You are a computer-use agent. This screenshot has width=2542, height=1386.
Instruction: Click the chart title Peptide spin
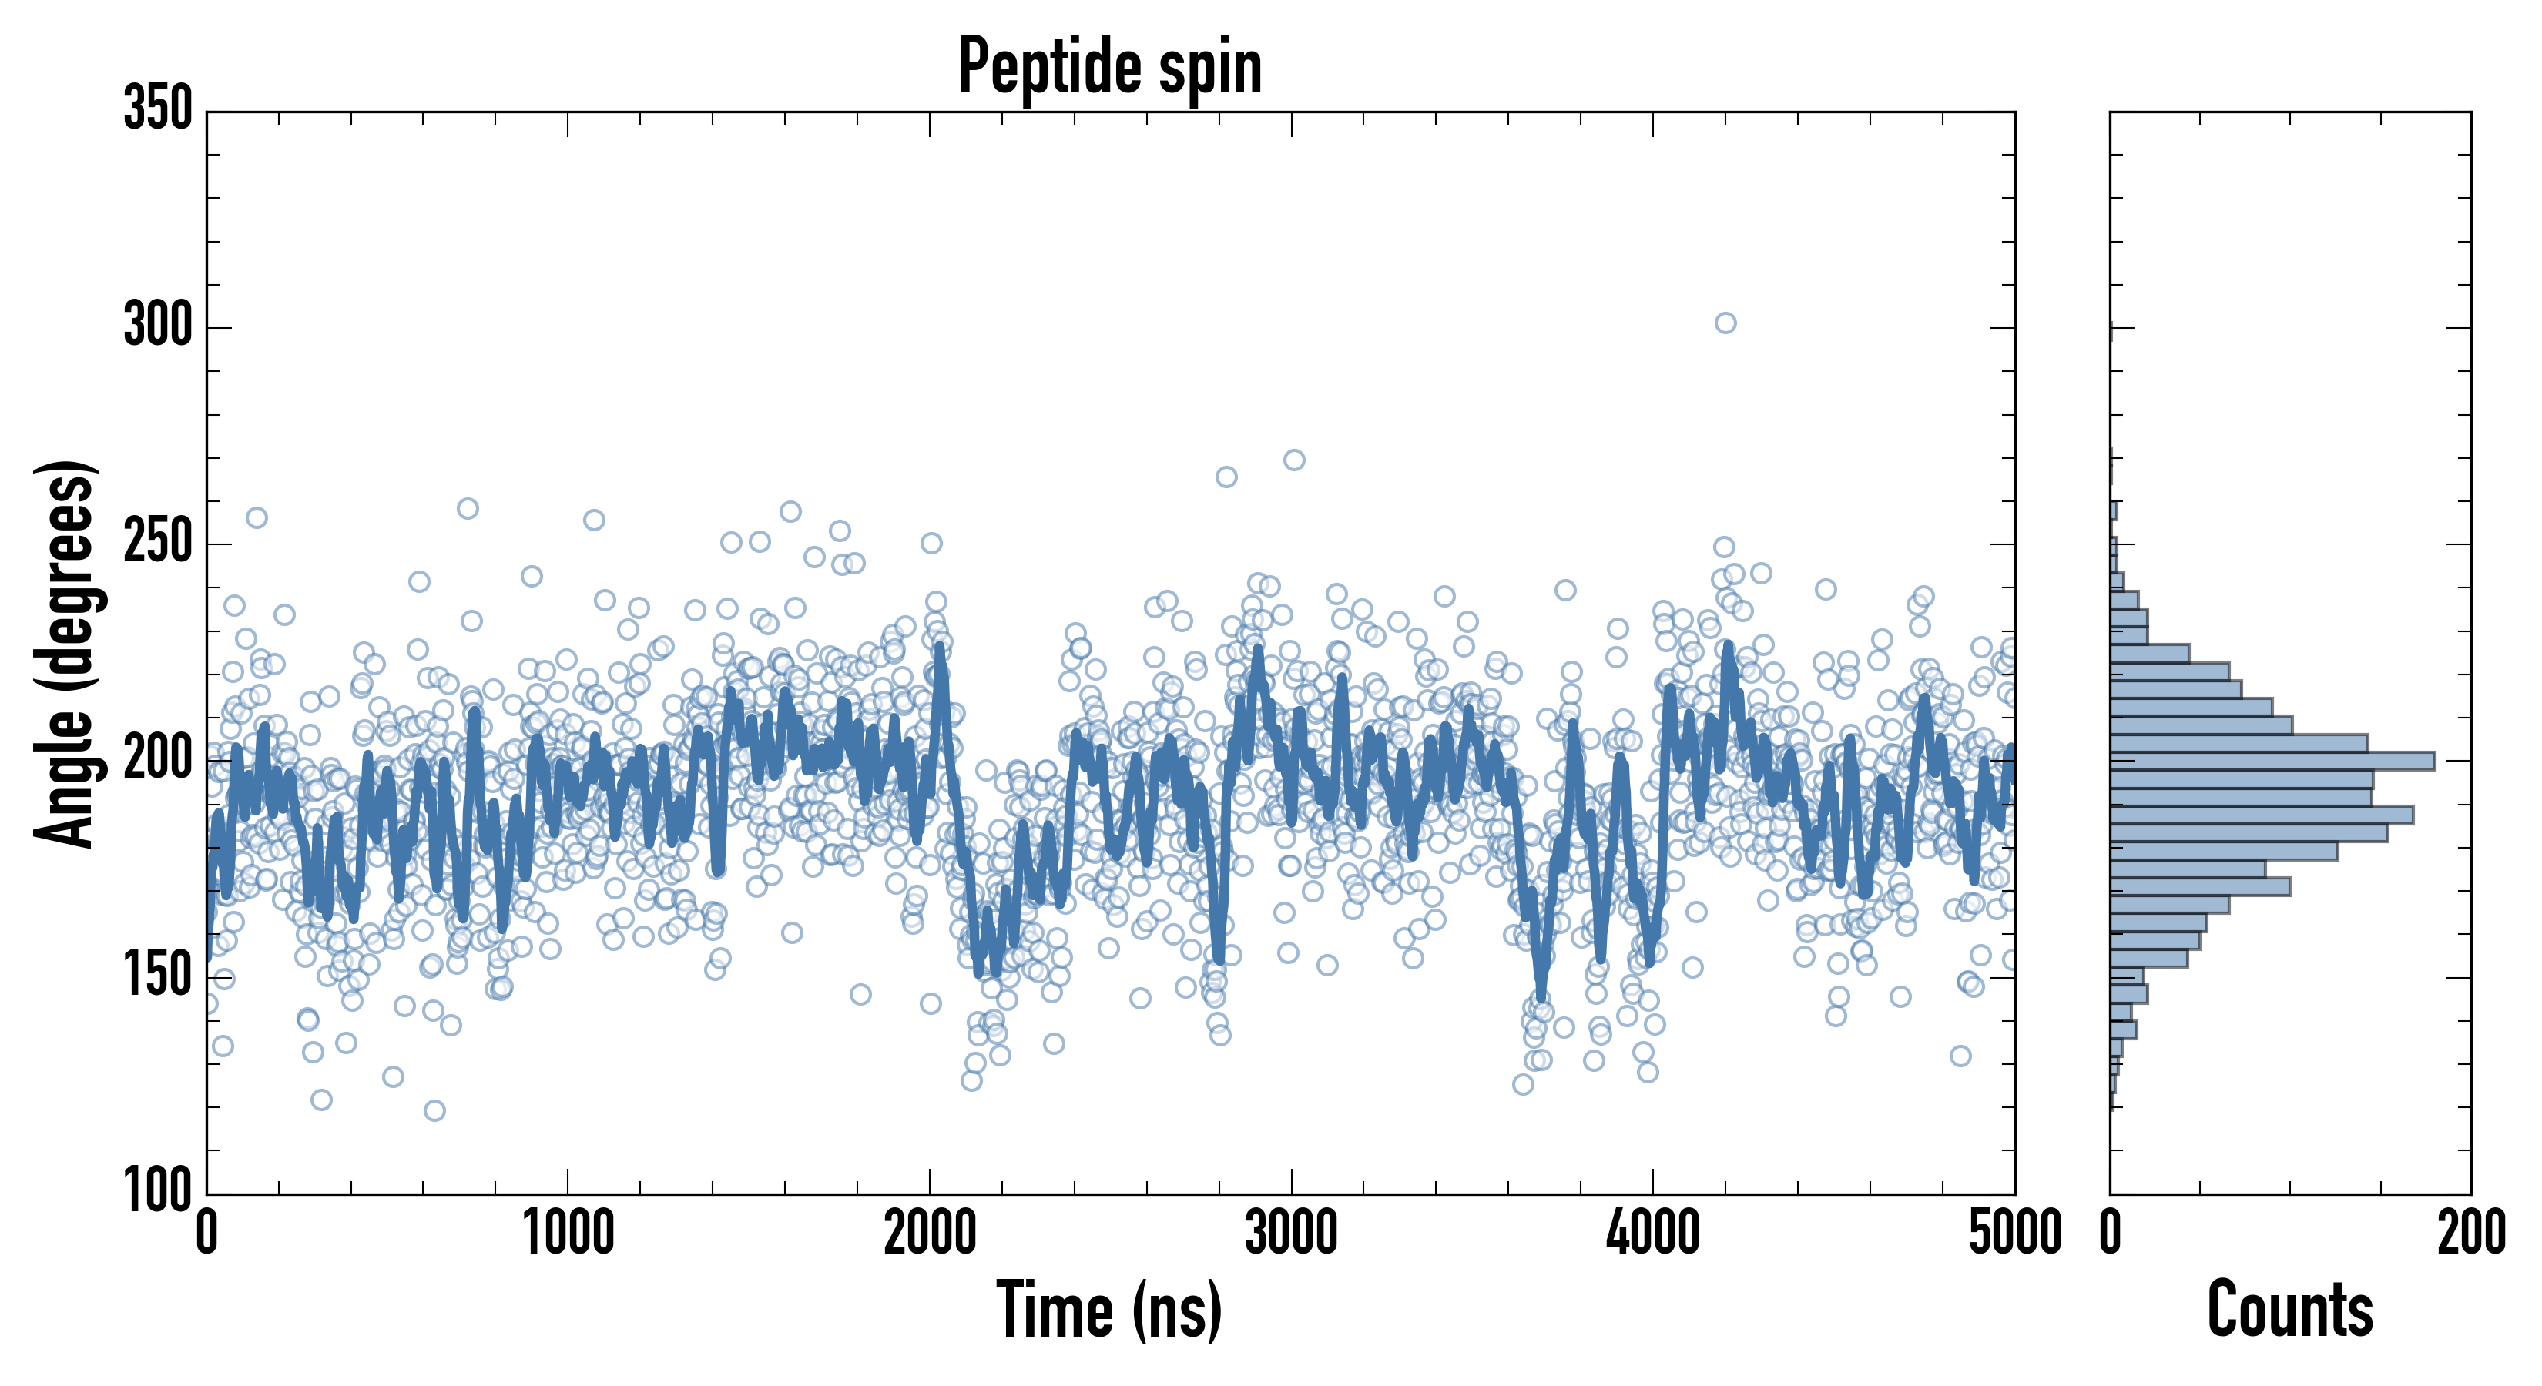point(1110,67)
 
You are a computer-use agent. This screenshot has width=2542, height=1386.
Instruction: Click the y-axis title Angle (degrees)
point(65,654)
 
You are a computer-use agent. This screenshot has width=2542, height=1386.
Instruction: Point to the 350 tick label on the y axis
point(158,109)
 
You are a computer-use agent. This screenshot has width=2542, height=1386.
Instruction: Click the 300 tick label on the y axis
point(158,326)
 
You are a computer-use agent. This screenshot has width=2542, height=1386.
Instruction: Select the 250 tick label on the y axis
point(158,543)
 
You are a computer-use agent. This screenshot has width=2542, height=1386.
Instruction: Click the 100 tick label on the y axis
point(158,1190)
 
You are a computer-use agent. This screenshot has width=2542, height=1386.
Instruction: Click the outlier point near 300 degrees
point(1725,323)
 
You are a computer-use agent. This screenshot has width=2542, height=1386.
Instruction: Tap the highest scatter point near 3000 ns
point(1293,460)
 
